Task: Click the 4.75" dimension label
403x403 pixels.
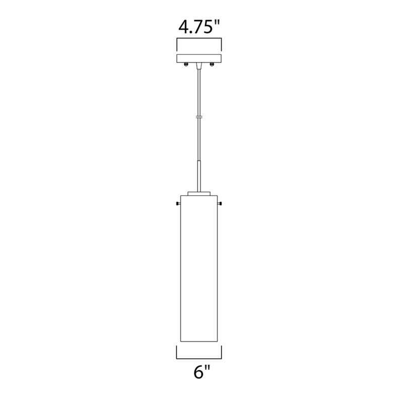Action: tap(199, 27)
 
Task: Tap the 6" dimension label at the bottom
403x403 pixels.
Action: tap(201, 373)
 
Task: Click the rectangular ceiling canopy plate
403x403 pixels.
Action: tap(199, 58)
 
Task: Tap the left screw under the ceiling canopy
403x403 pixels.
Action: tap(186, 64)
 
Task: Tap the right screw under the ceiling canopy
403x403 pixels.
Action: tap(212, 64)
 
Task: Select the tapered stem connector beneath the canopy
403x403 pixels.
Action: tap(199, 66)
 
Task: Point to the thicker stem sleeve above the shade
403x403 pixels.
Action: tap(199, 176)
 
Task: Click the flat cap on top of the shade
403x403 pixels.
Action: tap(199, 192)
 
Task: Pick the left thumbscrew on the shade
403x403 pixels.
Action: tap(178, 204)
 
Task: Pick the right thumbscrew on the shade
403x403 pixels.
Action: tap(221, 204)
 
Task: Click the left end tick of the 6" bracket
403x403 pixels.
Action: tap(177, 352)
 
